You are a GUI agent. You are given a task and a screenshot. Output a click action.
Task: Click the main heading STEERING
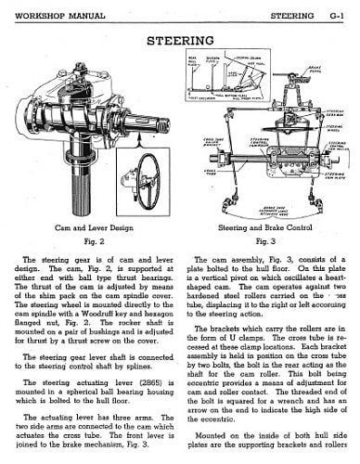click(179, 40)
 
